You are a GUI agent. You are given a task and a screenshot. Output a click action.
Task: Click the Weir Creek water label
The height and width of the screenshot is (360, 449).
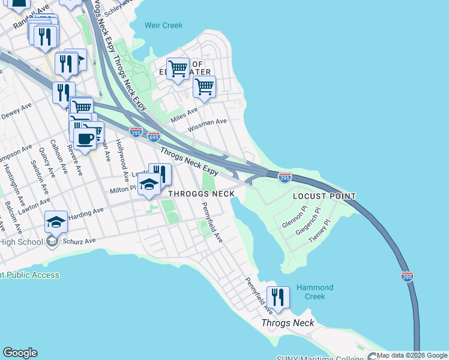(163, 25)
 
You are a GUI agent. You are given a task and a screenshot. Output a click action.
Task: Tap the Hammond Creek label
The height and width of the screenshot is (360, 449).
(314, 292)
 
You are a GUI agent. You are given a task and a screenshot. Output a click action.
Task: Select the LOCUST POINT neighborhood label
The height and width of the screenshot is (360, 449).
(324, 196)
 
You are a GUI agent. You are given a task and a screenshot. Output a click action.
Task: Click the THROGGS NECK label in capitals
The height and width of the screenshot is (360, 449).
(201, 194)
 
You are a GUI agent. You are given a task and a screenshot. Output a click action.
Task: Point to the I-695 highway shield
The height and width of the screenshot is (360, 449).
(154, 137)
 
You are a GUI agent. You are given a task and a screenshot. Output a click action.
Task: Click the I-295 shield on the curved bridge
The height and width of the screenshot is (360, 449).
(407, 276)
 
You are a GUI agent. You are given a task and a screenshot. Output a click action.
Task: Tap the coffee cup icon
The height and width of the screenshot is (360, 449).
(85, 139)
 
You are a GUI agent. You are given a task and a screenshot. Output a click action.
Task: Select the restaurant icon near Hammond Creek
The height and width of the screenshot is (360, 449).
(278, 296)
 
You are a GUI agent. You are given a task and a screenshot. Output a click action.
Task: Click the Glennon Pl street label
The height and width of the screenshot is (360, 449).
(294, 219)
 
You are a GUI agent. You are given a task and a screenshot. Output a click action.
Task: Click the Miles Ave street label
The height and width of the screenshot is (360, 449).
(184, 113)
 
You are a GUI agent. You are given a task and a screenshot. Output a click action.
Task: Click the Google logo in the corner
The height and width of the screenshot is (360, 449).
(20, 353)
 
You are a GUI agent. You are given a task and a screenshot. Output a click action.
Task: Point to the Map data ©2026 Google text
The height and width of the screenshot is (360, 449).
(412, 355)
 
